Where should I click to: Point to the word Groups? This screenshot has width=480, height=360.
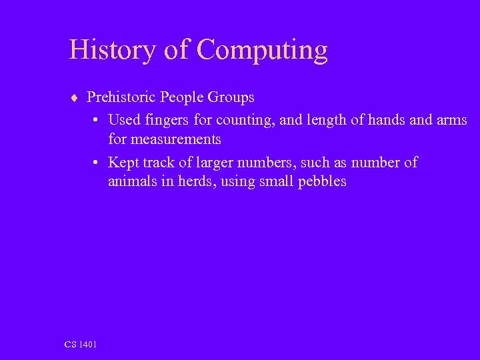click(x=231, y=98)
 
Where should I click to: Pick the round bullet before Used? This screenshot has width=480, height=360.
click(x=97, y=121)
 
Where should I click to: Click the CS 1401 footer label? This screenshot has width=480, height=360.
click(x=81, y=344)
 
